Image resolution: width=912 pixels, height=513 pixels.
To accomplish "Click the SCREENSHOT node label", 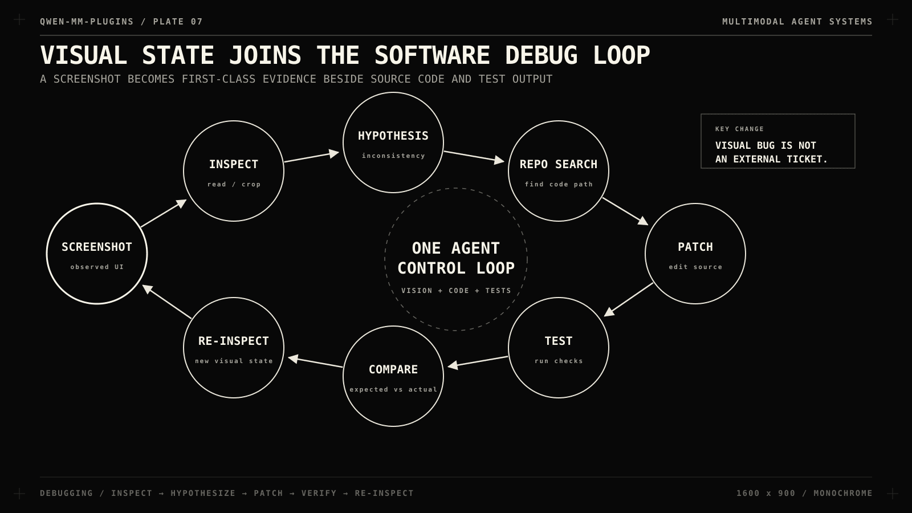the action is click(97, 247).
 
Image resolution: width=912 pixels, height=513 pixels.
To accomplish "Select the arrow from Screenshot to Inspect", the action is click(164, 213).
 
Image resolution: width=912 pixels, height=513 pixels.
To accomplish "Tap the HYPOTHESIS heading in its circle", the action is click(393, 136).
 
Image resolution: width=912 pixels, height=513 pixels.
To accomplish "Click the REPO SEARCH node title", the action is click(559, 165).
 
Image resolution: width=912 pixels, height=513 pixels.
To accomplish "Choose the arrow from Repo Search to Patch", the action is click(625, 211).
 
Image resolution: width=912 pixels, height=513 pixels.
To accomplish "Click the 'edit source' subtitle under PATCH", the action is click(695, 267).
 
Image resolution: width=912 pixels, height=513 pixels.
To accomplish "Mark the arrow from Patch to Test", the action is click(629, 300).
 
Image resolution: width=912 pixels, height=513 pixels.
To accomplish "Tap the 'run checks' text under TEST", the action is click(559, 361).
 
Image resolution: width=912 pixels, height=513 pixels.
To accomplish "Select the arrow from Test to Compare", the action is click(478, 362).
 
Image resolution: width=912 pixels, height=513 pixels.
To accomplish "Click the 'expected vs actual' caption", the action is click(393, 390).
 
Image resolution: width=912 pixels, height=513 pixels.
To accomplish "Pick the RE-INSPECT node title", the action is click(234, 341).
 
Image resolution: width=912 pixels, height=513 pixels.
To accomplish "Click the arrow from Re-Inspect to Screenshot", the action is click(166, 302).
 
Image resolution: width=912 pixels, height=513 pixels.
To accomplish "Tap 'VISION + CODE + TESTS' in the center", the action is click(456, 291).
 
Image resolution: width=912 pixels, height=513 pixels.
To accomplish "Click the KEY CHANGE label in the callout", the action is click(739, 129).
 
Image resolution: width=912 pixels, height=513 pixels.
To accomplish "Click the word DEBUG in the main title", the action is click(541, 55).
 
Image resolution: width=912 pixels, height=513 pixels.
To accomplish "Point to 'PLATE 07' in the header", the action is click(178, 22).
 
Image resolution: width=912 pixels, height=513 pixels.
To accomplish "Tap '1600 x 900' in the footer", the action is click(766, 494).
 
